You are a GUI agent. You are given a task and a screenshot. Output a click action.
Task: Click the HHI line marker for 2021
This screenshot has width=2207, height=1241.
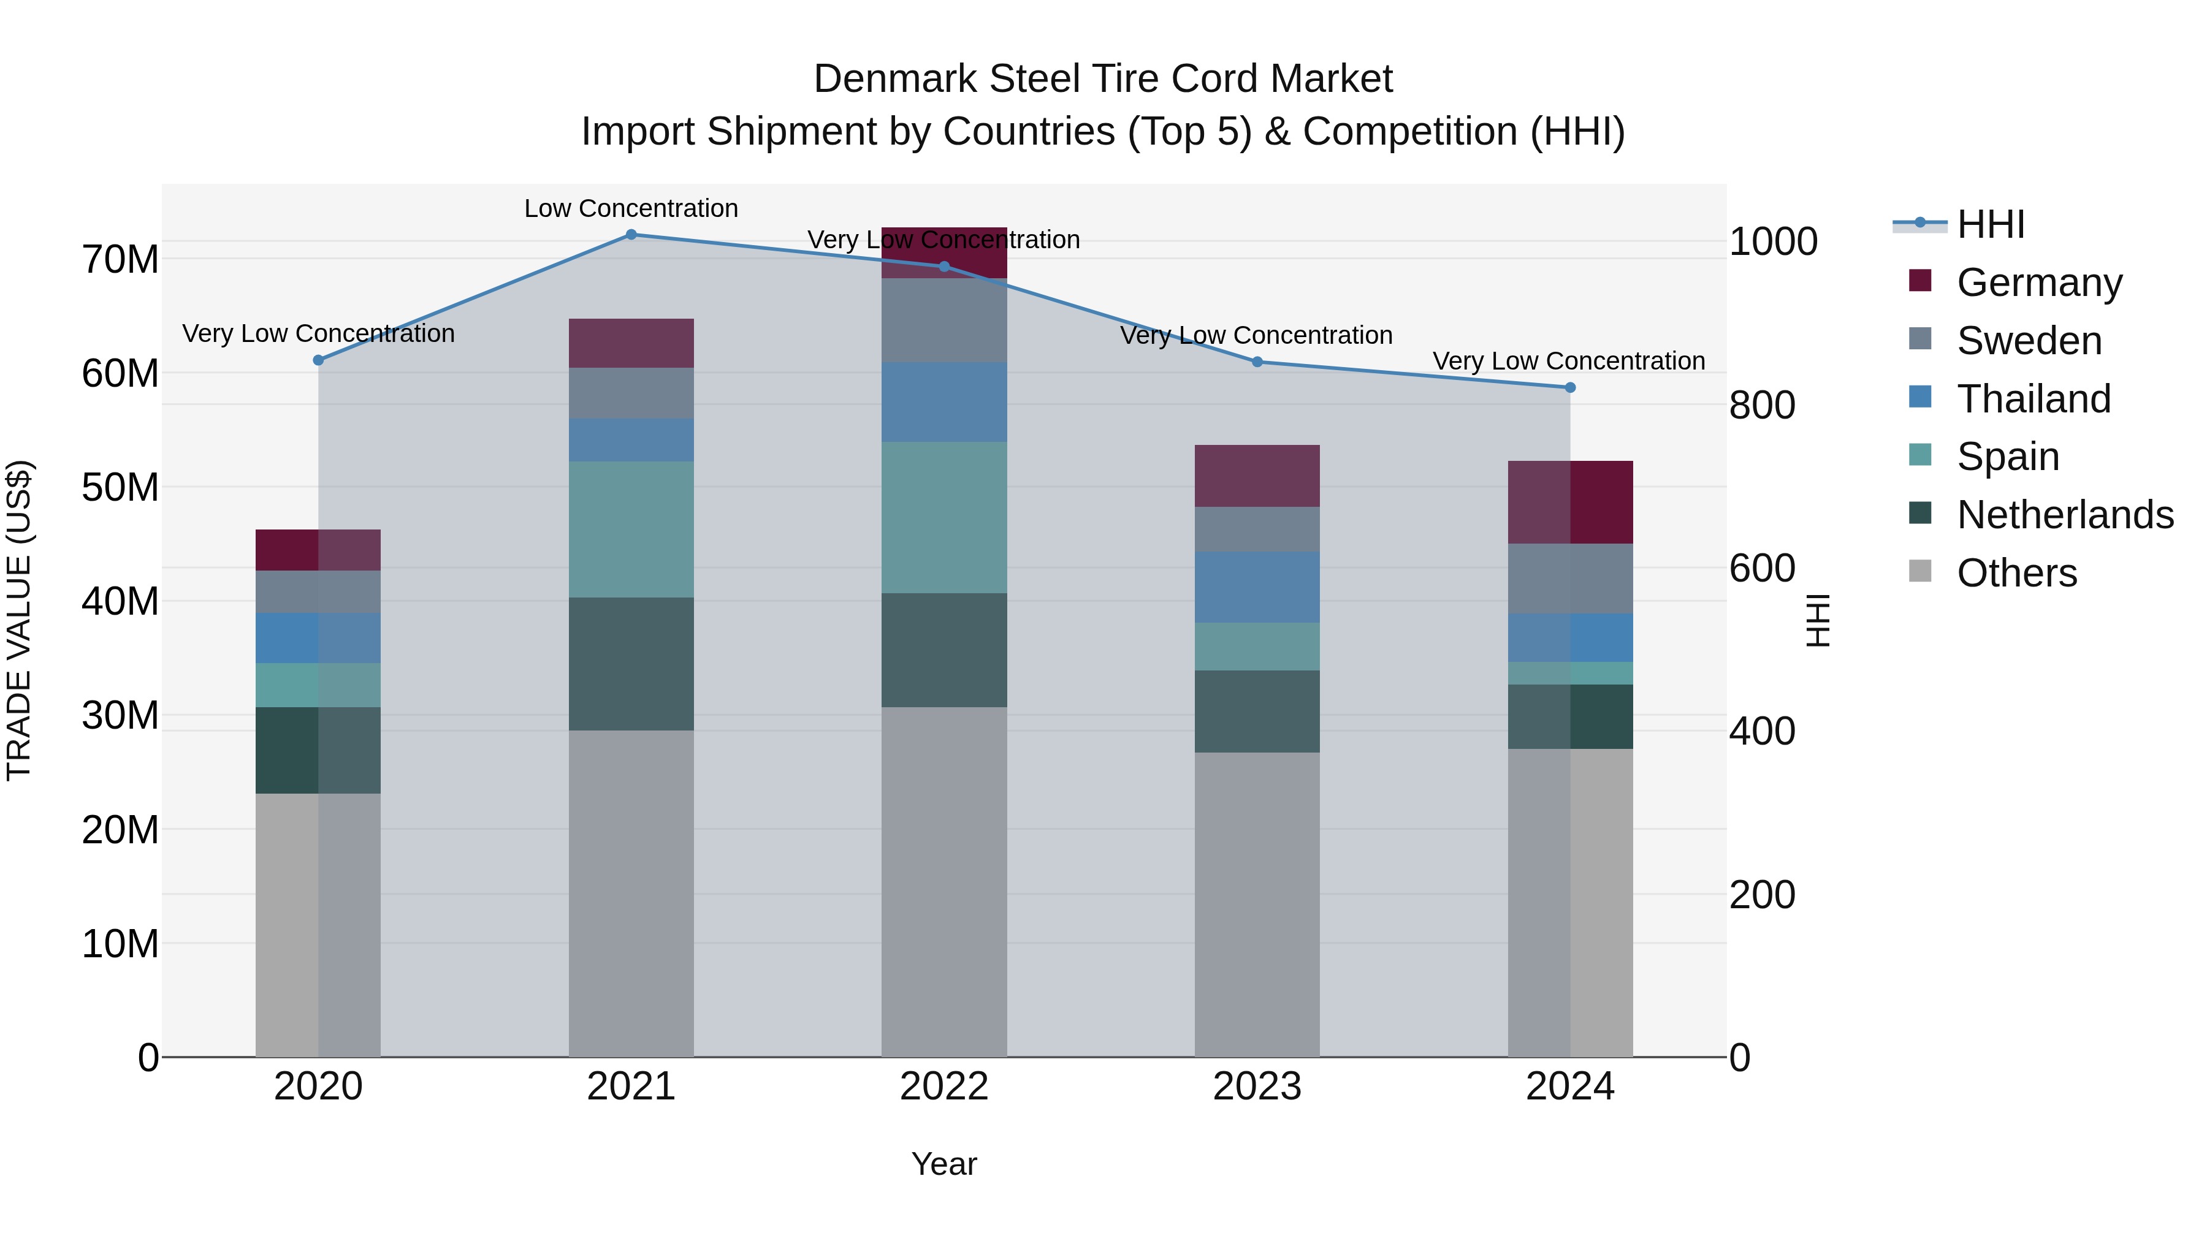click(x=631, y=234)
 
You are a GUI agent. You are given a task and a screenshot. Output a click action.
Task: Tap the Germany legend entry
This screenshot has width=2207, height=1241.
click(x=2039, y=283)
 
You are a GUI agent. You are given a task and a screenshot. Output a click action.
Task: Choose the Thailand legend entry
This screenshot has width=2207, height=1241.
click(x=2033, y=399)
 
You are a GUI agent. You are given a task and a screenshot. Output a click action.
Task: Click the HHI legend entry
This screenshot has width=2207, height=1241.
click(x=1990, y=224)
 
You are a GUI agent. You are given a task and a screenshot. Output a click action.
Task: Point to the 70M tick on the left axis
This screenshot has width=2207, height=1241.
click(x=120, y=259)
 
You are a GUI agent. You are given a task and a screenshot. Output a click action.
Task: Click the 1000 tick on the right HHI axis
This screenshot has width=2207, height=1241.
click(x=1772, y=241)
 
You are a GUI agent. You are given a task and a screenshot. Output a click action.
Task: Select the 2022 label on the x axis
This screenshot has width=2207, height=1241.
click(x=943, y=1087)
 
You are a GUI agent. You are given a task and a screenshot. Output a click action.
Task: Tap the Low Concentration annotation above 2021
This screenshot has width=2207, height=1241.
click(x=631, y=208)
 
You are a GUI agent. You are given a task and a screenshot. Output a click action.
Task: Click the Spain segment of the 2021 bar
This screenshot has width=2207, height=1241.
click(x=631, y=529)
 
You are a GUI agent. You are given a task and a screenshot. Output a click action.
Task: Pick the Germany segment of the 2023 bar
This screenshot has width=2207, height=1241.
click(x=1257, y=476)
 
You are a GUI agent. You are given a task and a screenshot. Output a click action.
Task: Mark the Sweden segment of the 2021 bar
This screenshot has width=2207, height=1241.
click(x=631, y=393)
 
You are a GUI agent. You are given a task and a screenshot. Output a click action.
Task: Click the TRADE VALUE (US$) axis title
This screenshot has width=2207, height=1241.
click(x=19, y=620)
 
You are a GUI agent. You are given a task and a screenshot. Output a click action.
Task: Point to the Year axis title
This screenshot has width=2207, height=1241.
click(x=943, y=1164)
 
